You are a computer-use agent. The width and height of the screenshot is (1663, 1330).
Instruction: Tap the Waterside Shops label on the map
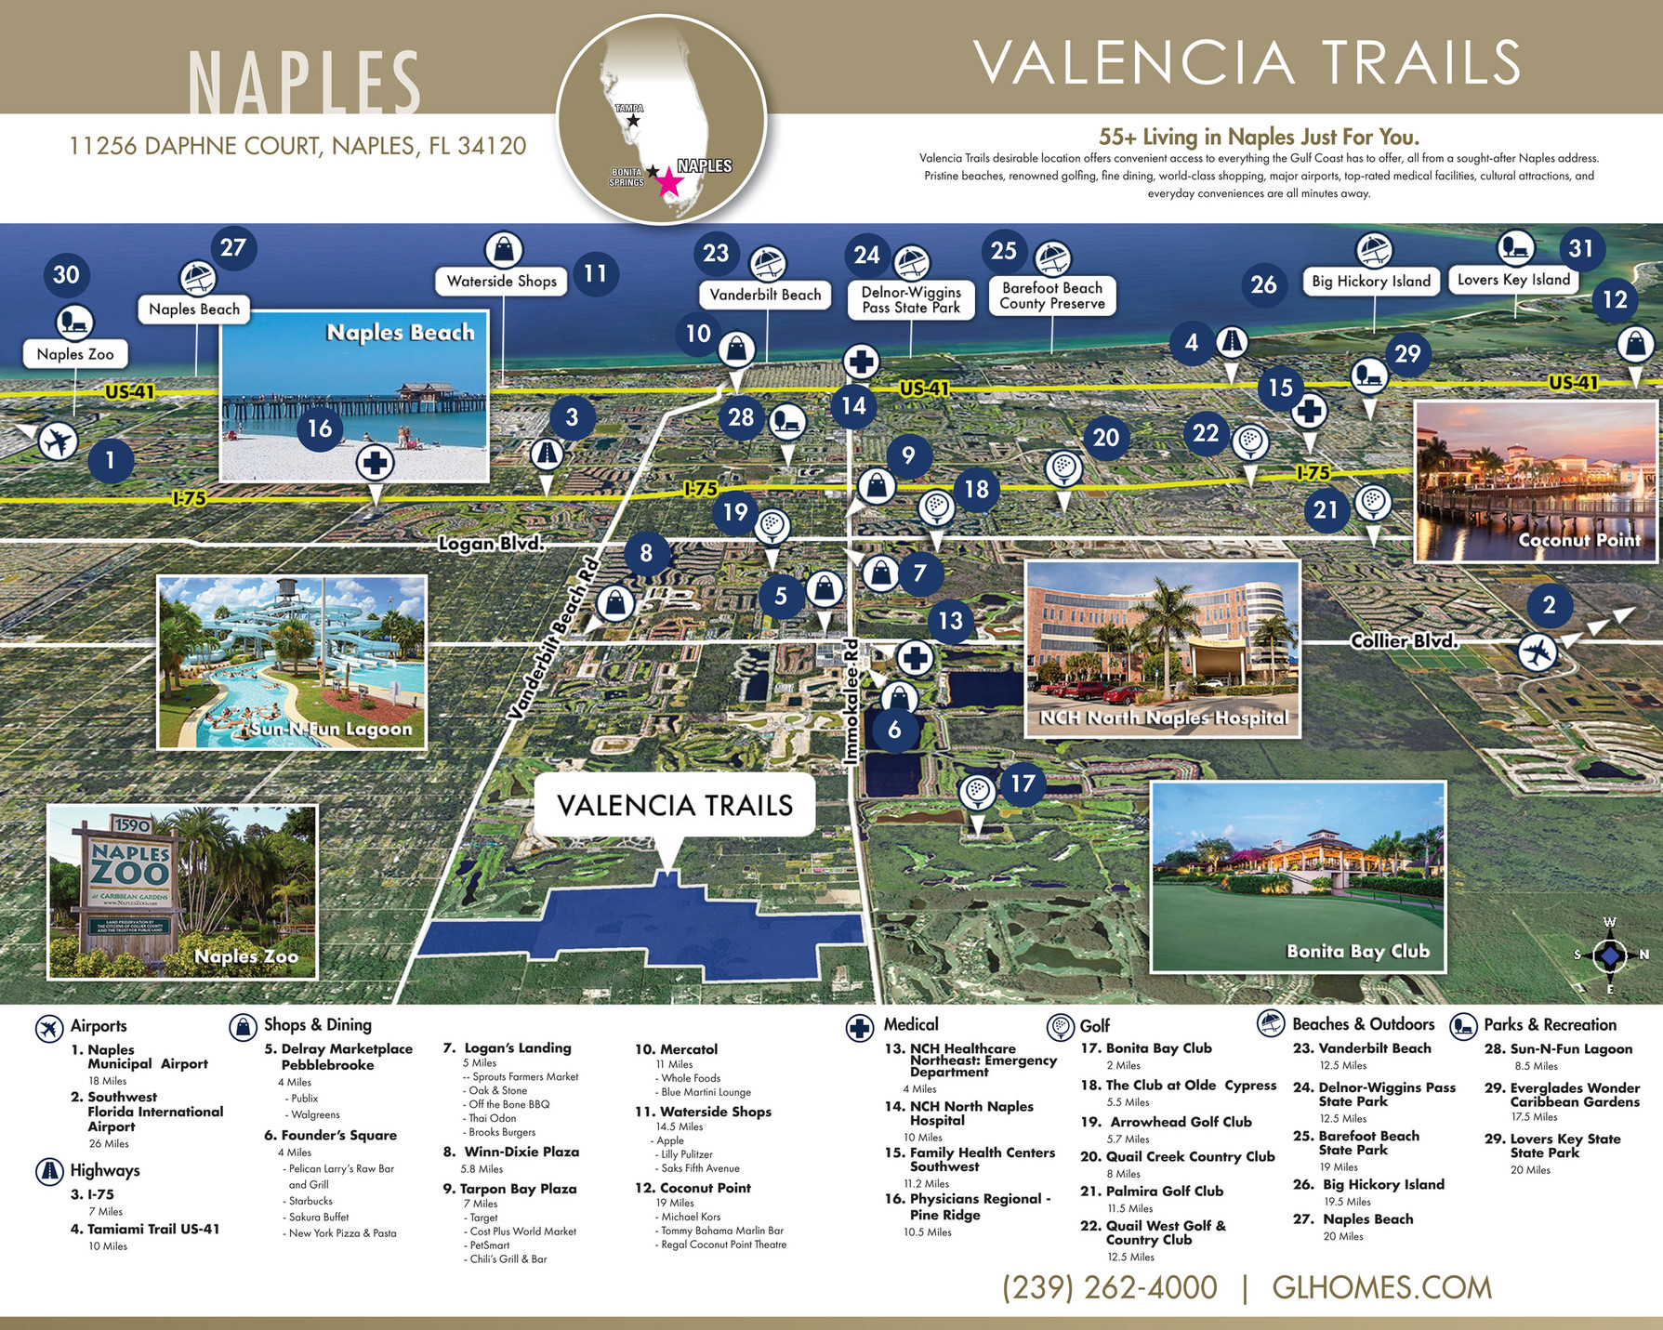[501, 281]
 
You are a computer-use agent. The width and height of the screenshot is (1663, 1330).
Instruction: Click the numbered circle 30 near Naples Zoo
[66, 274]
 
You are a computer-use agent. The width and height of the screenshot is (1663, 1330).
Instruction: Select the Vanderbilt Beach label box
[765, 295]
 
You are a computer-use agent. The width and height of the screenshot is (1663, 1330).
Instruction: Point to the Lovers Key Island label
[1513, 280]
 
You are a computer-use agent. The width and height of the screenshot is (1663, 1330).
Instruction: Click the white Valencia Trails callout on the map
[675, 805]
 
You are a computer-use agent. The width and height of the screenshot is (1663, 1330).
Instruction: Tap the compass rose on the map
[1610, 955]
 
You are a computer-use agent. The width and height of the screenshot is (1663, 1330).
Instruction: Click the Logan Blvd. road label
[491, 543]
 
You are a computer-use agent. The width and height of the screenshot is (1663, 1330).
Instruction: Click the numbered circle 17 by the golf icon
[1023, 784]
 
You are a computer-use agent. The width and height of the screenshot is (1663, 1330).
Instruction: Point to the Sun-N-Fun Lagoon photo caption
[331, 729]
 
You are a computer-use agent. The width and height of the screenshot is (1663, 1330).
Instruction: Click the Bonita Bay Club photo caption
[1357, 951]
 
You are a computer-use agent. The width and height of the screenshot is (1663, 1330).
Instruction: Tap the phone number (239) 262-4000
[1109, 1287]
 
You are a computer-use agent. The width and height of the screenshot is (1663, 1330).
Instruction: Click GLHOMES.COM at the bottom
[1381, 1287]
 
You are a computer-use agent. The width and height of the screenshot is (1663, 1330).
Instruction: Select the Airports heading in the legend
[98, 1026]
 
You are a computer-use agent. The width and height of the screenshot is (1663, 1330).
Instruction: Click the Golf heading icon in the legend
[1061, 1027]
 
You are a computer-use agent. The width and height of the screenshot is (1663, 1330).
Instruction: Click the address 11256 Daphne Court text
[297, 146]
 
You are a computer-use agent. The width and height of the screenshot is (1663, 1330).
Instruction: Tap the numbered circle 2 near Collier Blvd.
[1549, 605]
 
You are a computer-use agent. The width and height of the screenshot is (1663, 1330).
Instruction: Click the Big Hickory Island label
[1371, 281]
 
